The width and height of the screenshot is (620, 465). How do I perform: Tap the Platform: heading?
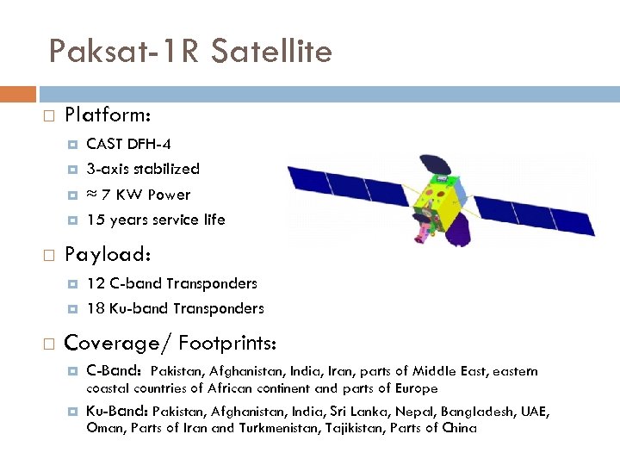click(x=108, y=115)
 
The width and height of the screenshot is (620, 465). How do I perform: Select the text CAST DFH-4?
click(x=128, y=144)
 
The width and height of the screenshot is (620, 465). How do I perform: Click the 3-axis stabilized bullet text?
click(x=143, y=169)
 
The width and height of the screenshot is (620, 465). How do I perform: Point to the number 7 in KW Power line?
click(x=106, y=195)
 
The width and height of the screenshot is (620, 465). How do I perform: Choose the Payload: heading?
click(x=108, y=256)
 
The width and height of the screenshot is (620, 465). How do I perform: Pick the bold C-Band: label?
click(x=115, y=372)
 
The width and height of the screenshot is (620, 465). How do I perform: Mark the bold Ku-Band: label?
click(x=117, y=412)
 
